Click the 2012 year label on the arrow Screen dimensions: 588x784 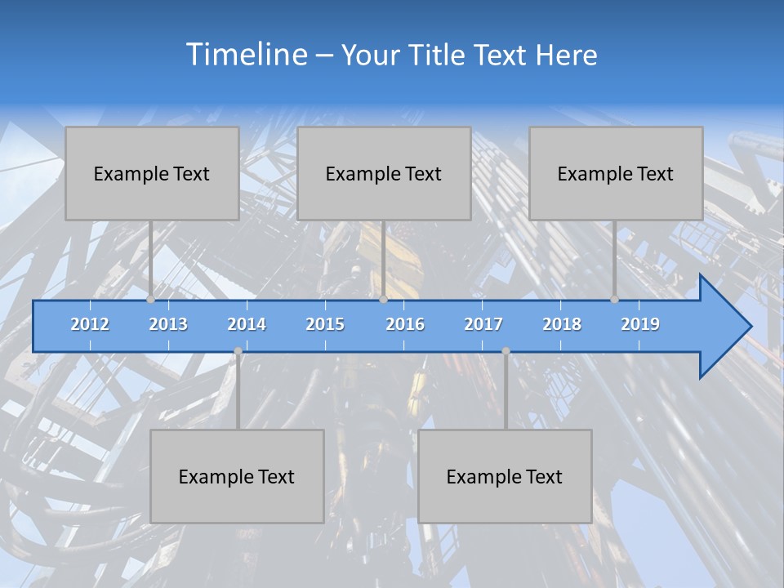coord(90,324)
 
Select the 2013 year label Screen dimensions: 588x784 coord(168,324)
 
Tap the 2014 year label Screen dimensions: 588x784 coord(247,324)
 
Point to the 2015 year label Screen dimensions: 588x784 coord(325,324)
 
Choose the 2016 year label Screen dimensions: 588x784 coord(405,324)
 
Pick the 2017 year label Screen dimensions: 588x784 coord(483,324)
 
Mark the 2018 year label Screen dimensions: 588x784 coord(562,324)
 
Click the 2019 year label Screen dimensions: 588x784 coord(640,324)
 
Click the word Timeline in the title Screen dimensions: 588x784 coord(246,55)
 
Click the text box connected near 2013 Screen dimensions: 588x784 coord(152,173)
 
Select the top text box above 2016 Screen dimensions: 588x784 coord(384,173)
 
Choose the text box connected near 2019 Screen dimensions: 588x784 coord(616,173)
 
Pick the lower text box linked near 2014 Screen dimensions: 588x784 coord(237,476)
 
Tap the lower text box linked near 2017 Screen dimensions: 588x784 coord(505,476)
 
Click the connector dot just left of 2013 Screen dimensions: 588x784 coord(150,299)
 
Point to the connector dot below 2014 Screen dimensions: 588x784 coord(238,351)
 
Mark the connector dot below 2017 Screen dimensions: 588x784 coord(506,351)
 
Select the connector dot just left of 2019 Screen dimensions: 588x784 coord(614,299)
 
